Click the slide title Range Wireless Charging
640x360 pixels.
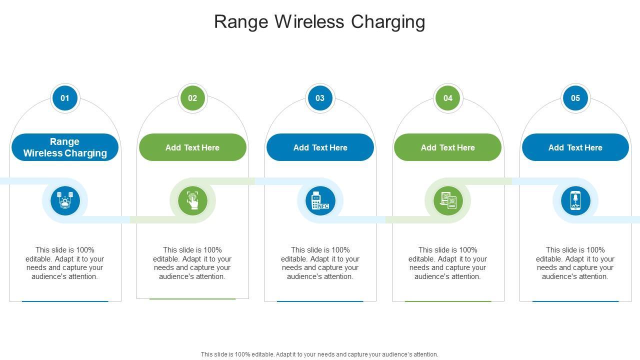click(x=319, y=22)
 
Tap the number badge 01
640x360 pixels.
click(x=65, y=98)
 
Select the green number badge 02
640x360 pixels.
click(x=192, y=98)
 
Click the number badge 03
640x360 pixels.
click(x=320, y=98)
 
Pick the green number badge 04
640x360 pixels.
click(x=447, y=98)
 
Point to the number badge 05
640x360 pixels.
click(x=575, y=98)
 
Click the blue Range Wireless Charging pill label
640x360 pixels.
click(x=65, y=147)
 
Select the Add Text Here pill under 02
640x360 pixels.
click(x=192, y=147)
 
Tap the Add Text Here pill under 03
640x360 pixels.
click(x=320, y=147)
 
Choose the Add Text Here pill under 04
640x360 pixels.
click(x=447, y=147)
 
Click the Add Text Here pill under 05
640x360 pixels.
click(x=575, y=147)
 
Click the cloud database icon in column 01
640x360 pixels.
click(x=65, y=201)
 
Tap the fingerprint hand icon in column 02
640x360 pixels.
click(x=192, y=201)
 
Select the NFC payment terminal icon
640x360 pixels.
click(x=320, y=201)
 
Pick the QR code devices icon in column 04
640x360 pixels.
click(x=448, y=201)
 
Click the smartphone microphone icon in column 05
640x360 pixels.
click(x=575, y=201)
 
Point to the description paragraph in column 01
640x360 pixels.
click(x=65, y=263)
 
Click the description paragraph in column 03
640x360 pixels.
click(x=320, y=263)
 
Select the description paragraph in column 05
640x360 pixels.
click(x=575, y=263)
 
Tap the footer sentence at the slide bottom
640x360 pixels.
click(x=319, y=354)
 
